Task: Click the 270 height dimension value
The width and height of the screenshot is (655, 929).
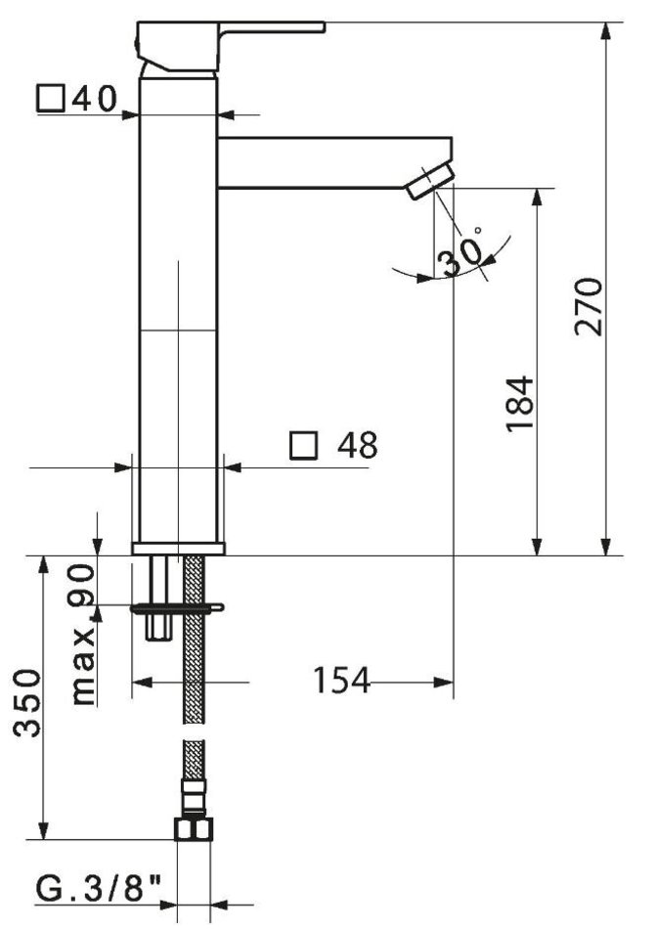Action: [x=589, y=306]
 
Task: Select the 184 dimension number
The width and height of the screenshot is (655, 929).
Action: [x=520, y=404]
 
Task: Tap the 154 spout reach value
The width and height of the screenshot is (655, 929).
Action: [x=340, y=681]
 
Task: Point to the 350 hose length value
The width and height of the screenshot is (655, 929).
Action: [x=27, y=703]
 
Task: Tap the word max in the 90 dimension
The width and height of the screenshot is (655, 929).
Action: [x=83, y=667]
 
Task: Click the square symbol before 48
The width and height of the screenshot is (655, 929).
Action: [x=304, y=446]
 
